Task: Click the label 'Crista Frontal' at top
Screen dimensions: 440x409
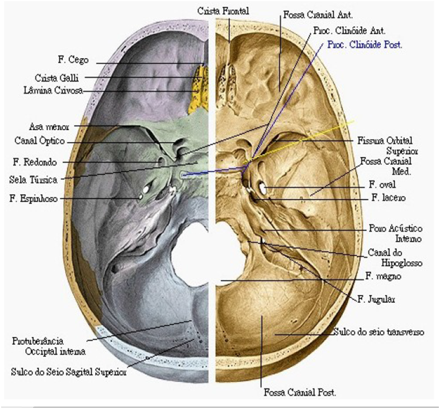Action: tap(223, 11)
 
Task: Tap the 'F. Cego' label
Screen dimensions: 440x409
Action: tap(73, 60)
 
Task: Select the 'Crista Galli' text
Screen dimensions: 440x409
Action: tap(56, 78)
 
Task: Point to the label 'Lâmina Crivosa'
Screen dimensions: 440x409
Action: tap(53, 91)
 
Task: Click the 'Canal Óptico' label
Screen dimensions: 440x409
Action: tap(40, 140)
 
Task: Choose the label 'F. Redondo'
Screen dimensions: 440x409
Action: tap(35, 162)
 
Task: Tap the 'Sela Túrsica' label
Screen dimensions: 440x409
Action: tap(33, 180)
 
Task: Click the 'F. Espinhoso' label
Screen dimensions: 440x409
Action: tap(34, 199)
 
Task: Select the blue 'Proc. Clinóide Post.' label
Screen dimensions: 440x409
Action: tap(365, 45)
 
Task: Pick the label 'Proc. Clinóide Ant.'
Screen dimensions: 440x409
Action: tap(349, 31)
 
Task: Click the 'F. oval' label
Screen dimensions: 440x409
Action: tap(382, 185)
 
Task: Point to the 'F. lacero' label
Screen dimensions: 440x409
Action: tap(389, 198)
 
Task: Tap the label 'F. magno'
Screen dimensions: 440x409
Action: tap(384, 276)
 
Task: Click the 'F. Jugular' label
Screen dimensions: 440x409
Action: tap(376, 299)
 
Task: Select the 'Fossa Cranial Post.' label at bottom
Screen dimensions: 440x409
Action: tap(300, 392)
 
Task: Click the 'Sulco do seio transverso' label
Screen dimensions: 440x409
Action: tap(379, 332)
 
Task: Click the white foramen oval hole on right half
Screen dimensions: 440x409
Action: tap(262, 187)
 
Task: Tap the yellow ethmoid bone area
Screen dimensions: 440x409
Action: tap(198, 88)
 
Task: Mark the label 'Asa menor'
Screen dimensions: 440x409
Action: tap(49, 127)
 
